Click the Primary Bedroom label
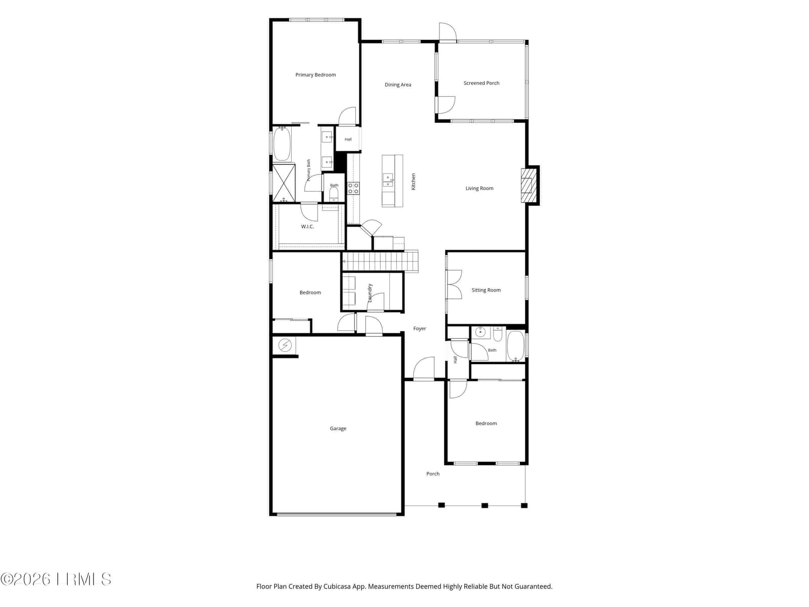coord(316,75)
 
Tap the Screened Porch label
coord(481,83)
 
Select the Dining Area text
coord(398,85)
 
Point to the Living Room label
coord(479,188)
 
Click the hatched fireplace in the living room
coord(528,185)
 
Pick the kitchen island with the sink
coord(392,181)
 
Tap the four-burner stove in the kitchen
coord(353,188)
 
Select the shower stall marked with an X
coord(284,183)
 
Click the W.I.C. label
coord(307,227)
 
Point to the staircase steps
coord(380,261)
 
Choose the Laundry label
coord(370,293)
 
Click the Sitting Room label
coord(486,290)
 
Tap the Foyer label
coord(420,328)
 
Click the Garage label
coord(338,428)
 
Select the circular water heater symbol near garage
coord(285,345)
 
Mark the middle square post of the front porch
coord(485,505)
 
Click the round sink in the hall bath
coord(480,332)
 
